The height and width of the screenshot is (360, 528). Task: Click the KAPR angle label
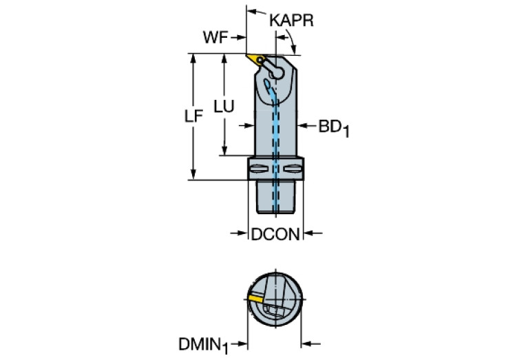[x=291, y=21]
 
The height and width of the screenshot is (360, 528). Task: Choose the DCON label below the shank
[x=275, y=235]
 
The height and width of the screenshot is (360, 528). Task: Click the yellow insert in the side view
[x=255, y=60]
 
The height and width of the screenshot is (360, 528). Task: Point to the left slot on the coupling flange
[x=257, y=169]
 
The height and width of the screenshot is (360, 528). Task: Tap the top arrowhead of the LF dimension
[x=193, y=58]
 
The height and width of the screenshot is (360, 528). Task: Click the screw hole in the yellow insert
[x=260, y=61]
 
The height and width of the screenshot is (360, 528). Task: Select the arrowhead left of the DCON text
[x=243, y=235]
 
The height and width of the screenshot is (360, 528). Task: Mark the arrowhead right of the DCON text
[x=308, y=235]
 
